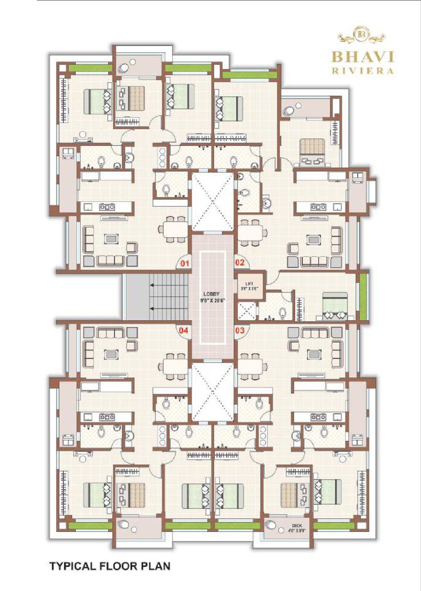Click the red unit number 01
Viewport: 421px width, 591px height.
pos(185,263)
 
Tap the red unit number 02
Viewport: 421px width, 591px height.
pos(240,263)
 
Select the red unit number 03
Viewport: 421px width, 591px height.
pos(240,330)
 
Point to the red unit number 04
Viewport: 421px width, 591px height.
pos(184,330)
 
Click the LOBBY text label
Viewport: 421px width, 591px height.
pos(211,294)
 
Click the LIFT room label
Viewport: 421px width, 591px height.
pos(249,284)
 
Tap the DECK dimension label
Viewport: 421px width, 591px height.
pos(297,528)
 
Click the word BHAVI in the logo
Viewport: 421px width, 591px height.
pos(363,57)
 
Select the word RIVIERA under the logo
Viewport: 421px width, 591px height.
pos(363,71)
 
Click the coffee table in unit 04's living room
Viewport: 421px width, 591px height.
pos(111,354)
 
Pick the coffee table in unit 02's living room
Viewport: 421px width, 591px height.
pos(313,239)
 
